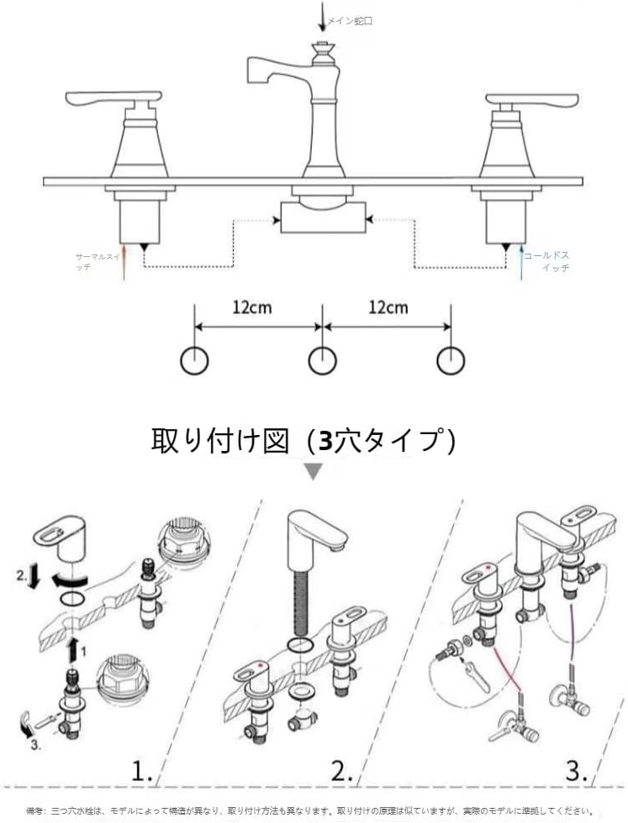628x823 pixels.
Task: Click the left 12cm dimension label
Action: pos(252,307)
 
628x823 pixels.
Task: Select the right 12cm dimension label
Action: pos(388,307)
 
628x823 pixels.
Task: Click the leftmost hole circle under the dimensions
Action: pos(195,360)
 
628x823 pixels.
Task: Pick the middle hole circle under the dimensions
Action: pos(322,360)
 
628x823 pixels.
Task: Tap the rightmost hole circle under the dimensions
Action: pos(451,360)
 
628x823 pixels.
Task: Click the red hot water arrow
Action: pos(124,260)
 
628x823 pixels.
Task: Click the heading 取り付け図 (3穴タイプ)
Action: pos(303,439)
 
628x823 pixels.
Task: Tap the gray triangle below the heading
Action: pos(313,472)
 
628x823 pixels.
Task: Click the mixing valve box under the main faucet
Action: pos(321,221)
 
